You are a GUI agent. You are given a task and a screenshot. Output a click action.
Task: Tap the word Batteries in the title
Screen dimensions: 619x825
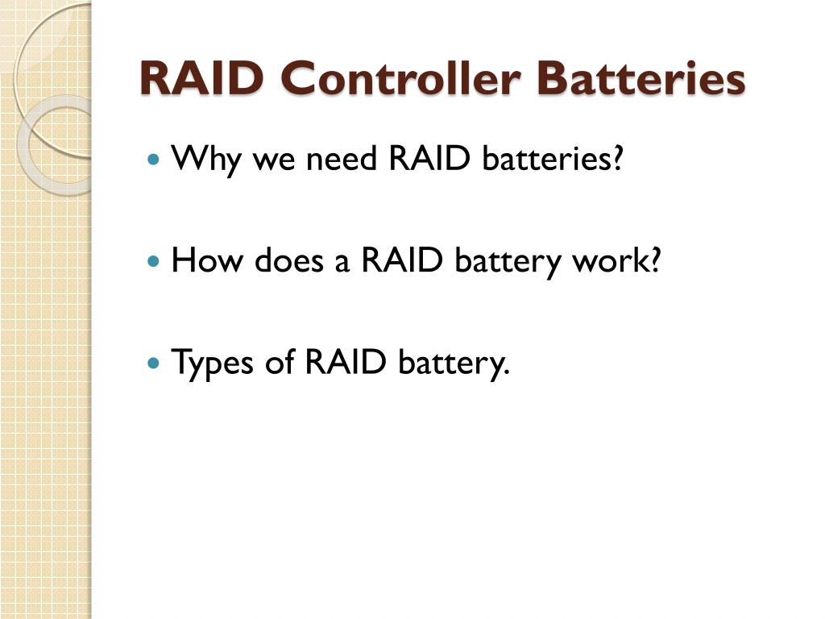(641, 79)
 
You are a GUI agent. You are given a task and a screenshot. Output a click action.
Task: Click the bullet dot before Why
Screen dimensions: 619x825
(155, 159)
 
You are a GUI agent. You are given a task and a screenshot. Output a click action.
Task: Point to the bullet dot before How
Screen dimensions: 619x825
(155, 262)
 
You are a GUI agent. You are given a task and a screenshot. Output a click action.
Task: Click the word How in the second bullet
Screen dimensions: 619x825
(206, 261)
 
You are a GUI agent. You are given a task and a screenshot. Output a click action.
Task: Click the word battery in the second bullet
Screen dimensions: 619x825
(507, 263)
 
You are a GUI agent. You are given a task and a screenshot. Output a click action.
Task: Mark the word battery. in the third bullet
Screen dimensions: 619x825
(454, 364)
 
